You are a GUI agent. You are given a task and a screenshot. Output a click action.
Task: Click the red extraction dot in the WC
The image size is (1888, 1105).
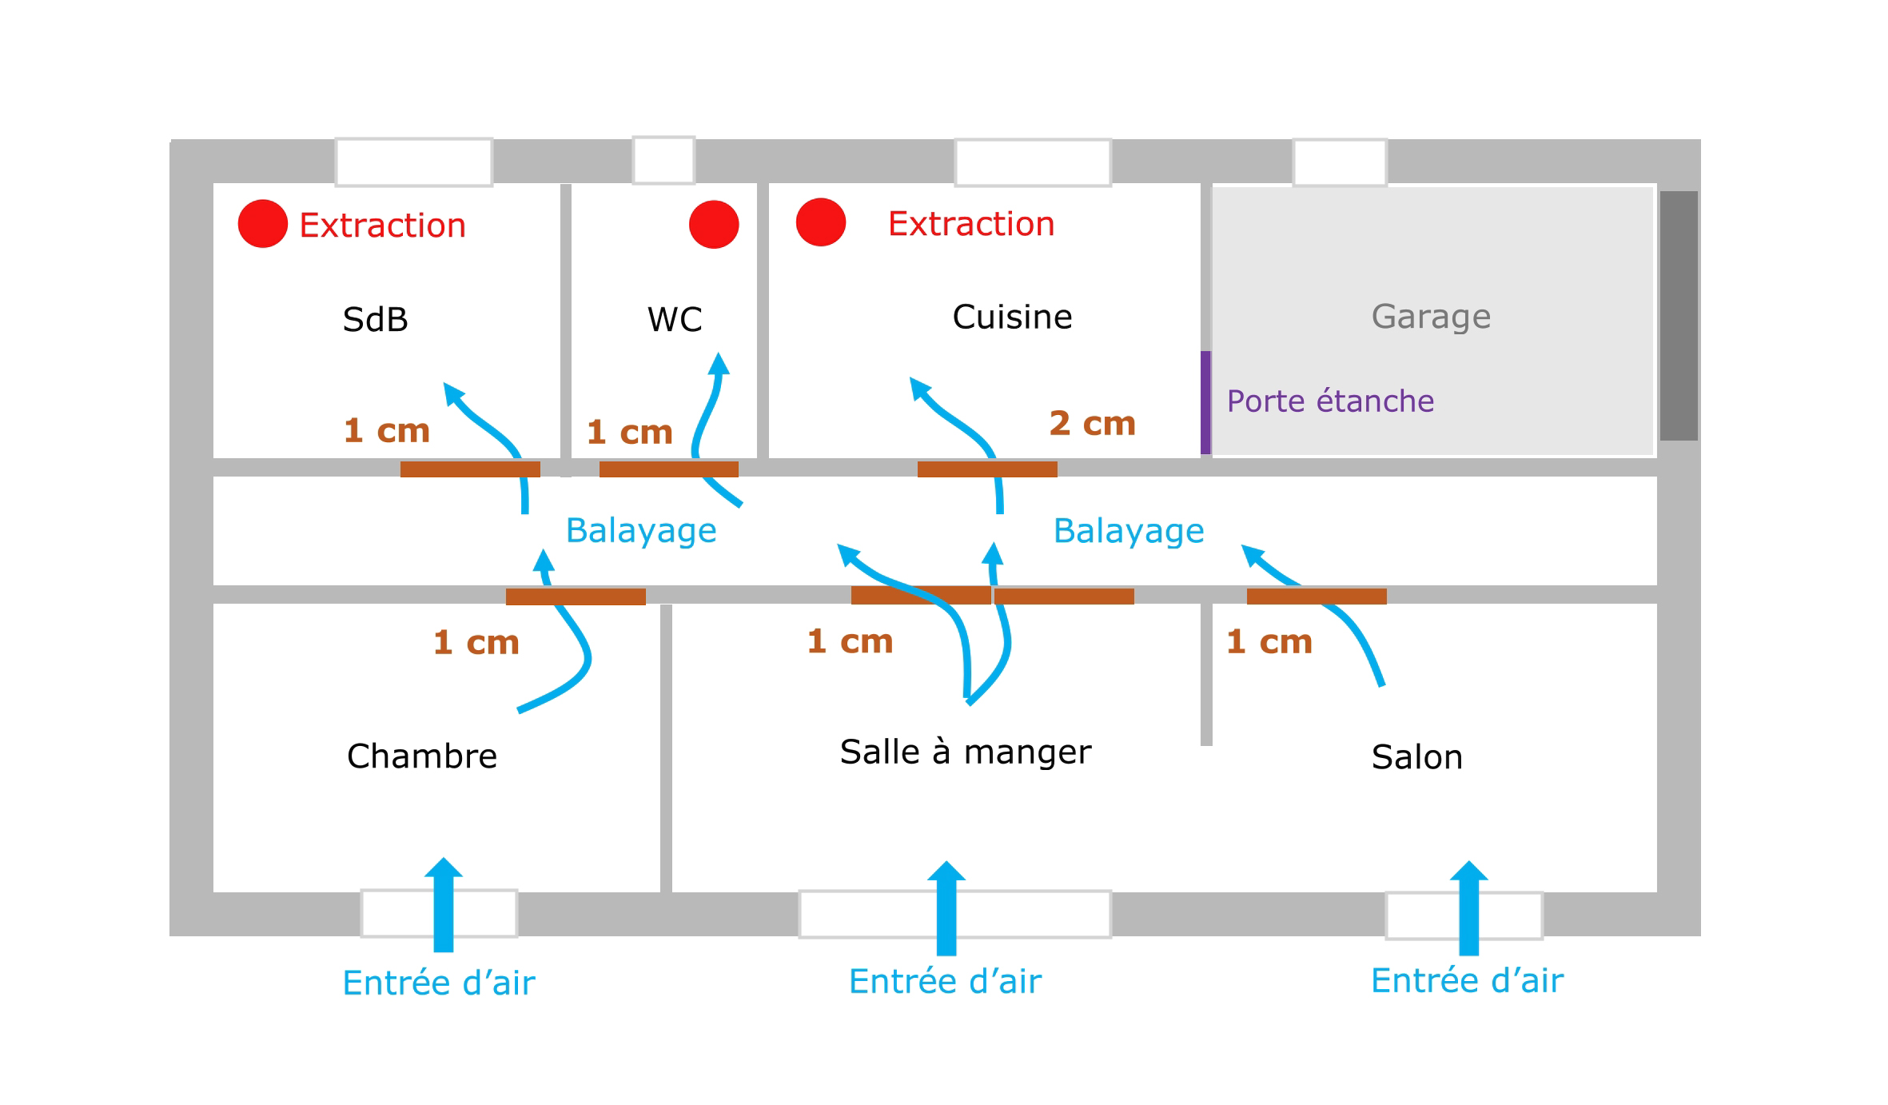click(x=714, y=224)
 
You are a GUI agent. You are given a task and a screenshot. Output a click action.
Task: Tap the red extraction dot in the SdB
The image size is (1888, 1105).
click(x=262, y=223)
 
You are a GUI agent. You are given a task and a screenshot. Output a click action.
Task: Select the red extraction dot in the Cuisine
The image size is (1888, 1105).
click(x=820, y=221)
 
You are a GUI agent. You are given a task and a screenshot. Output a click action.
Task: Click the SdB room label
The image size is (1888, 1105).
click(x=375, y=320)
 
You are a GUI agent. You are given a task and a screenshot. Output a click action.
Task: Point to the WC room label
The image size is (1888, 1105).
click(x=675, y=320)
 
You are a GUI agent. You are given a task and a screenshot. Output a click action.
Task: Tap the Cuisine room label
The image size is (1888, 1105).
click(x=1012, y=317)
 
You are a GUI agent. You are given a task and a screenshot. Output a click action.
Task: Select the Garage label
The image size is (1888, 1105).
click(x=1431, y=317)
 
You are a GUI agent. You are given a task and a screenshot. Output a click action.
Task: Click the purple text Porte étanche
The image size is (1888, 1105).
click(x=1330, y=401)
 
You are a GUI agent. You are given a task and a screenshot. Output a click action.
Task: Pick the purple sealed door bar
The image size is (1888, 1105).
click(x=1205, y=402)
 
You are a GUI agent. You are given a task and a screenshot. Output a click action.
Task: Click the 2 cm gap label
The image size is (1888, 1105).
click(x=1092, y=424)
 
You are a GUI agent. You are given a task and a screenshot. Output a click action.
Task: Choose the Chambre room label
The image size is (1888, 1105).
click(x=422, y=756)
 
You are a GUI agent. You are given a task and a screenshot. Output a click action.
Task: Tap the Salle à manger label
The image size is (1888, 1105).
click(x=965, y=752)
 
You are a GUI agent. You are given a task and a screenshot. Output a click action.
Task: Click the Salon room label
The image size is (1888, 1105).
click(x=1416, y=757)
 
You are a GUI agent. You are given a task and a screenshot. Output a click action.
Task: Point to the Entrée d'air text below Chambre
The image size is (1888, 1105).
click(x=439, y=983)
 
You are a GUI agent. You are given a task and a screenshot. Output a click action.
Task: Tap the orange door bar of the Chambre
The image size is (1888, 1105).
click(x=576, y=596)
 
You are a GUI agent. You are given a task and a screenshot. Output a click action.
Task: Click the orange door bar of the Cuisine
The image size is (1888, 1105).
click(x=987, y=469)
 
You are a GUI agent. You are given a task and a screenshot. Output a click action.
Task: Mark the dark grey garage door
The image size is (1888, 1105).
click(x=1679, y=315)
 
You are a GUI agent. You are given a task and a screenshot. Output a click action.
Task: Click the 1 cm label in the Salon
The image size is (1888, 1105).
click(x=1269, y=642)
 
